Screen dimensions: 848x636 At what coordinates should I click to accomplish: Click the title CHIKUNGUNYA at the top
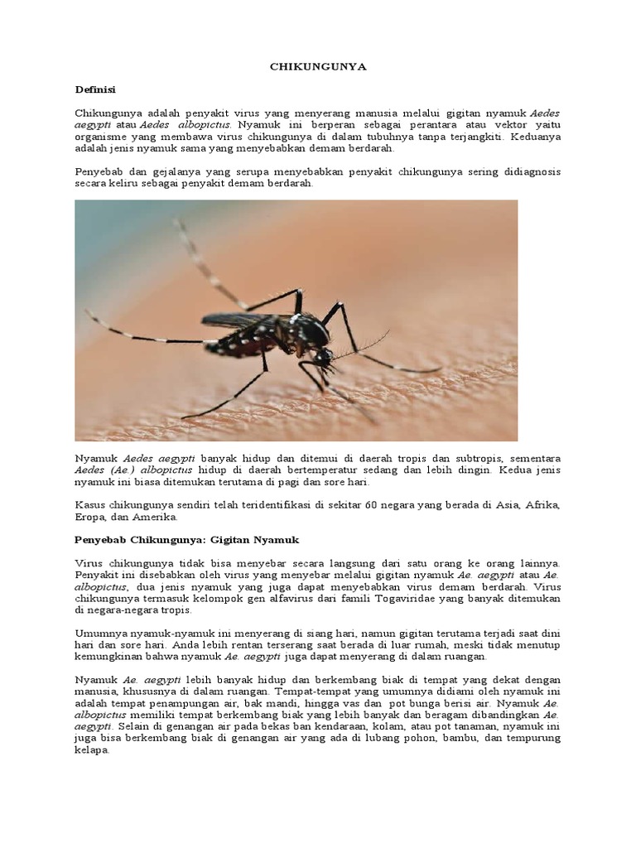point(317,69)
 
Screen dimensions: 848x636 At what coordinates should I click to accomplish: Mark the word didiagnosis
point(525,172)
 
